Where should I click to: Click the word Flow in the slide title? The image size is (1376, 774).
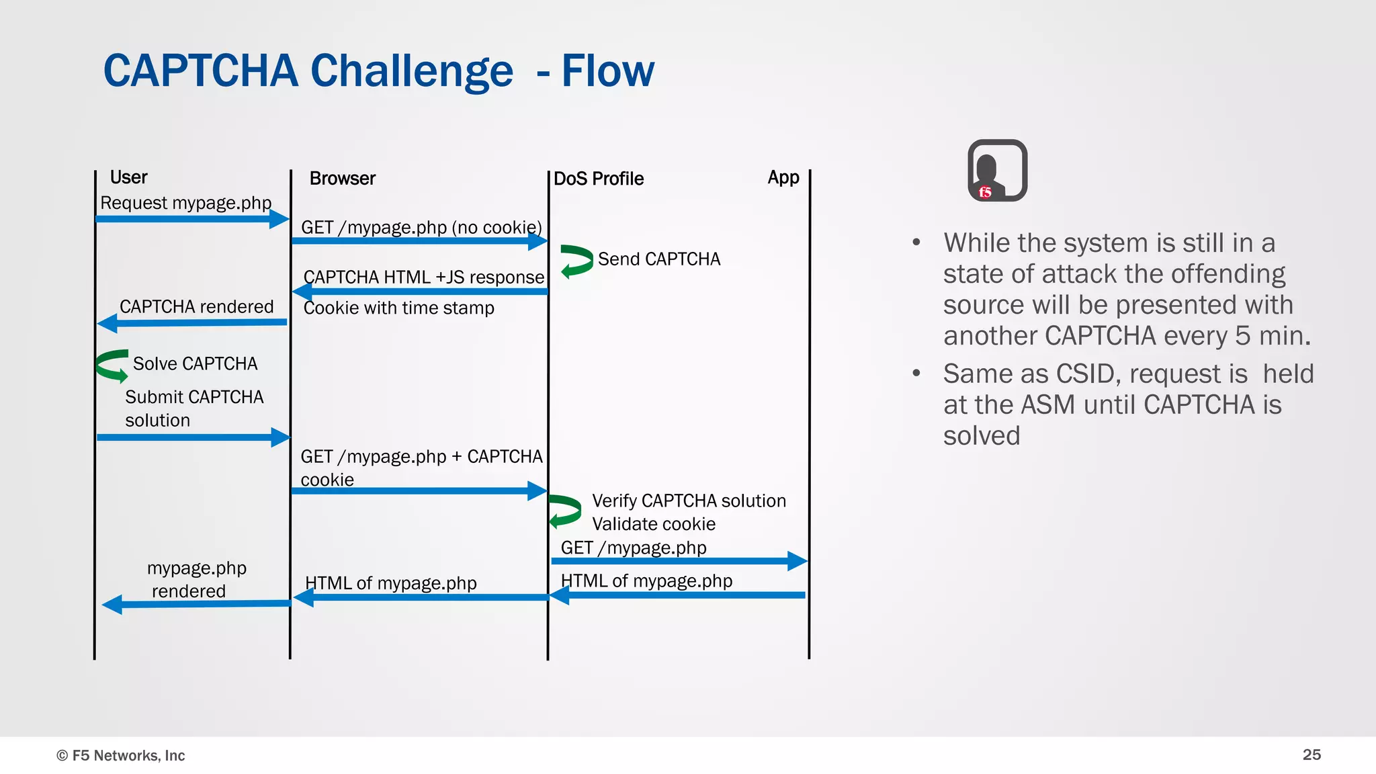607,71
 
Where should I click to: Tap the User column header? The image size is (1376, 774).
128,177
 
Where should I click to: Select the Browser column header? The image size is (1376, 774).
342,179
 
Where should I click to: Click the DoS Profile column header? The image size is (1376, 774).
598,179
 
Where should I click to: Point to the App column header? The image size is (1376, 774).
783,177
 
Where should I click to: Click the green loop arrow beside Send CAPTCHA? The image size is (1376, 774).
576,261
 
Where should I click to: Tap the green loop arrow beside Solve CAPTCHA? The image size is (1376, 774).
112,365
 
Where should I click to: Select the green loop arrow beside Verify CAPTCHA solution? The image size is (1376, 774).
564,511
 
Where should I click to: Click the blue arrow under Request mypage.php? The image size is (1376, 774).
191,219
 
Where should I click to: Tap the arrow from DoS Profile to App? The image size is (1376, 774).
679,561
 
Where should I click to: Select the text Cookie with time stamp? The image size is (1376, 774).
398,308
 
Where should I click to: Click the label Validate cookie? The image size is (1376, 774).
653,524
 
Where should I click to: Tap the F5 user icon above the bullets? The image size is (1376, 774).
997,171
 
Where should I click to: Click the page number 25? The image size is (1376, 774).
1311,755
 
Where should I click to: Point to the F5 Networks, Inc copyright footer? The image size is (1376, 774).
121,755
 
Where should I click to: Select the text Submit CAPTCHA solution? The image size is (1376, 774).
193,408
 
